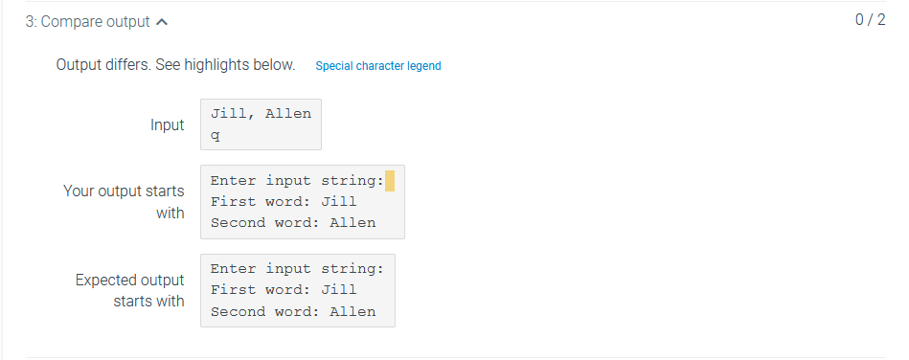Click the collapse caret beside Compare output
pos(161,21)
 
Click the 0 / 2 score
pos(870,20)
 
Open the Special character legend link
pos(378,66)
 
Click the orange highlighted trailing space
pos(390,180)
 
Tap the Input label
pos(167,125)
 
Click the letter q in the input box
pos(216,135)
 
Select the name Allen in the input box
pos(288,113)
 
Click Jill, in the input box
pos(233,113)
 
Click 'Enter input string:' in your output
pos(297,180)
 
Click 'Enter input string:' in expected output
pos(297,268)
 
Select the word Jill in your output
pos(339,201)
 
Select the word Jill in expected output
pos(339,289)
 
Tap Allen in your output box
pos(352,223)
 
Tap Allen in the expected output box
pos(352,311)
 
